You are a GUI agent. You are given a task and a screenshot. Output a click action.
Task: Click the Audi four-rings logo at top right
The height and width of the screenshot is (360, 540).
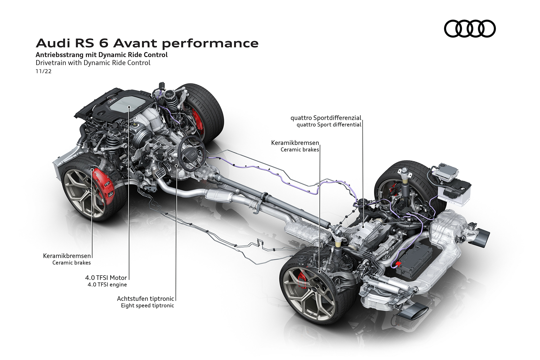click(470, 28)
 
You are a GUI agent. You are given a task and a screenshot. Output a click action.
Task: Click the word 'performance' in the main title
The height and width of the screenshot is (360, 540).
click(210, 43)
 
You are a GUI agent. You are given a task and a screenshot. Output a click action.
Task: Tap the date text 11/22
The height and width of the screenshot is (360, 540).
click(44, 71)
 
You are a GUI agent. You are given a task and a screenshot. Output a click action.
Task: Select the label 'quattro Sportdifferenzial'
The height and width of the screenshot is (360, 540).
click(326, 118)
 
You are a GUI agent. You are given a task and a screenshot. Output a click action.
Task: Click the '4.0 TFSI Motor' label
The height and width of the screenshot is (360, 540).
click(106, 278)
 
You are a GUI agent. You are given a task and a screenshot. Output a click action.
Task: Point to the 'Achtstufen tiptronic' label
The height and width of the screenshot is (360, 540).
click(145, 299)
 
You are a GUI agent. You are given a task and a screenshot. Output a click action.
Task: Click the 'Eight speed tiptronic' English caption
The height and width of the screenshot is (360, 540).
click(147, 305)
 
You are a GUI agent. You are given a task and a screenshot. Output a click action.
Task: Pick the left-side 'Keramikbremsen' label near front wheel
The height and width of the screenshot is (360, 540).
click(67, 256)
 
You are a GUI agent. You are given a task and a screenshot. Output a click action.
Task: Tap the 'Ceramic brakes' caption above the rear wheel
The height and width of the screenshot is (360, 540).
click(300, 150)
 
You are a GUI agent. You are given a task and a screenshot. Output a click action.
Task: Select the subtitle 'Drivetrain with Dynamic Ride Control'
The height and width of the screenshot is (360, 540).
click(93, 63)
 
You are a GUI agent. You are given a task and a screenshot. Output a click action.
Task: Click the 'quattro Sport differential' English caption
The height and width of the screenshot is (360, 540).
click(329, 125)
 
